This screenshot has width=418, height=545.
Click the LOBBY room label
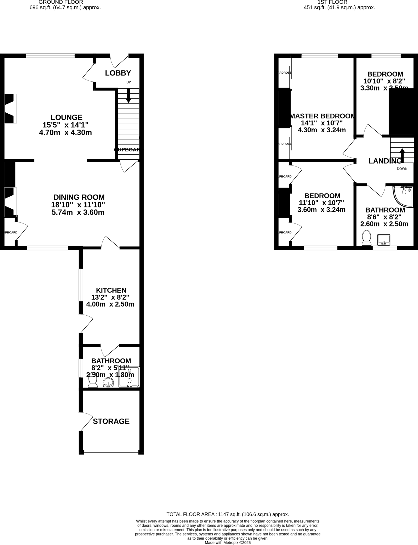point(118,73)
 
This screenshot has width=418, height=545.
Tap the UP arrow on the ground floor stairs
point(128,96)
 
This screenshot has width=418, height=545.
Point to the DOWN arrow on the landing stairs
point(402,155)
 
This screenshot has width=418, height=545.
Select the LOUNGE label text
point(66,117)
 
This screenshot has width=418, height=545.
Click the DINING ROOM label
point(79,197)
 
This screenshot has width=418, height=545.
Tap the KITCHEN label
point(111,290)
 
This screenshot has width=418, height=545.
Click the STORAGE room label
point(111,421)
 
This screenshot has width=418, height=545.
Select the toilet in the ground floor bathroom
point(93,380)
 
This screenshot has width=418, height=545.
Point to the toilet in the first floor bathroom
point(366,238)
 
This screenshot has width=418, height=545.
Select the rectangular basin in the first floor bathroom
point(383,240)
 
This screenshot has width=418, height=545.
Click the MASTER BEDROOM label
point(322,116)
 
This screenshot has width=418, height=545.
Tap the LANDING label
point(384,161)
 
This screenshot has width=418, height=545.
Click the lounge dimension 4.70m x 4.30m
point(65,132)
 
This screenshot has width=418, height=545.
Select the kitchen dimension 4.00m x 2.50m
point(110,304)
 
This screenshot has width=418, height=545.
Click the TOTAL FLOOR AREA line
point(228,514)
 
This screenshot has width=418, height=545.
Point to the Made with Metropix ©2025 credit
point(228,542)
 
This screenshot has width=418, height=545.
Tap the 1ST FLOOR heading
point(332,2)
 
